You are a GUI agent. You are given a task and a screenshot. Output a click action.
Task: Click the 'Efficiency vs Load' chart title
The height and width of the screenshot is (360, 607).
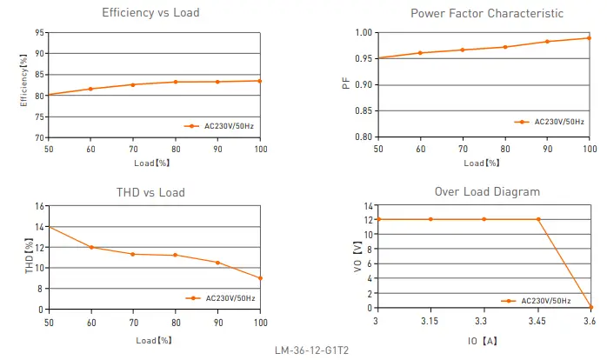(150, 13)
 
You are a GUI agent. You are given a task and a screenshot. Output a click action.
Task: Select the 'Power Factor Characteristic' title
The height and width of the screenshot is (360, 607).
(486, 13)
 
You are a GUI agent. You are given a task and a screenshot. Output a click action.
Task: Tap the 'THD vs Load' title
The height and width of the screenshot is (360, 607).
(150, 192)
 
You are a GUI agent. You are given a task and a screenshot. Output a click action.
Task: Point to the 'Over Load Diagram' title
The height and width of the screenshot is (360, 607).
(487, 191)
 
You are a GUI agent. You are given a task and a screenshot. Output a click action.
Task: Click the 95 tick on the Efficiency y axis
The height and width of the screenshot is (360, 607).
(40, 32)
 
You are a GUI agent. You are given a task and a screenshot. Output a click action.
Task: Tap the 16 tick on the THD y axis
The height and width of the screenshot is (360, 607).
(40, 206)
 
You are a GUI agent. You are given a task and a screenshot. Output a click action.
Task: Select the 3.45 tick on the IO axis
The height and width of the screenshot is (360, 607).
(537, 321)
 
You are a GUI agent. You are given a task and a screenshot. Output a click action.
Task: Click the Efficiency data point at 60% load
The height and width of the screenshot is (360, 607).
(90, 89)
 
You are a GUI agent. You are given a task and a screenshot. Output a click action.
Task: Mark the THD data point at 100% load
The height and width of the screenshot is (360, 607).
(260, 278)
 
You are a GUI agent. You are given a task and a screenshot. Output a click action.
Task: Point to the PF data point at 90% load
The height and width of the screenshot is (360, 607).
(547, 42)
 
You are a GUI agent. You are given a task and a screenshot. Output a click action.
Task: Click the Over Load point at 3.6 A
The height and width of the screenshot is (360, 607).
(590, 307)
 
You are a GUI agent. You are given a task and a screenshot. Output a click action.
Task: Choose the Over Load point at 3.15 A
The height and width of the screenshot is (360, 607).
(430, 219)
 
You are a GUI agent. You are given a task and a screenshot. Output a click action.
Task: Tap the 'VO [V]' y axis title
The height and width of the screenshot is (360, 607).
(357, 257)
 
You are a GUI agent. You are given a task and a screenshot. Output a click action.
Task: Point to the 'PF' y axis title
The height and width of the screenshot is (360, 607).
(345, 84)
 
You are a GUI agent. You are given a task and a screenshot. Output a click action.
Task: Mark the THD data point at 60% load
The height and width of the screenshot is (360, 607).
(90, 248)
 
